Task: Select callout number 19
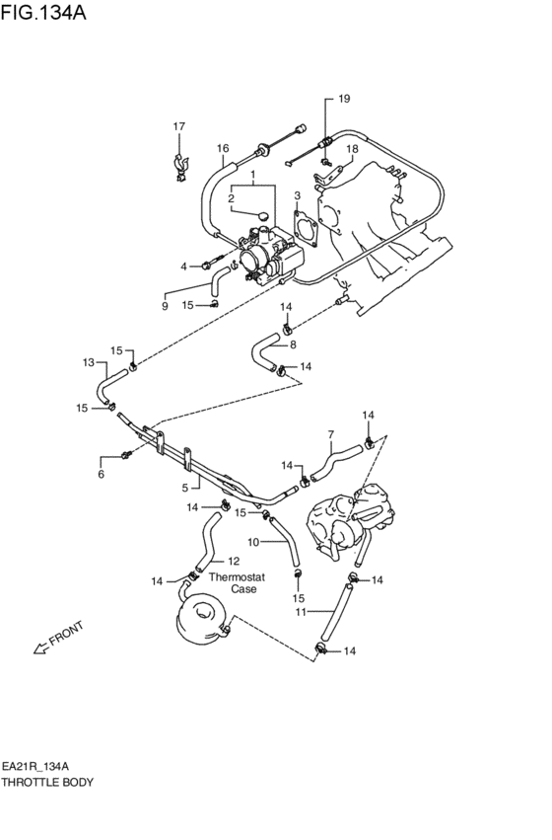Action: click(x=343, y=99)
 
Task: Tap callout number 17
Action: click(x=179, y=126)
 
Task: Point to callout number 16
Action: click(x=223, y=149)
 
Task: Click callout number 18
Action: click(x=351, y=149)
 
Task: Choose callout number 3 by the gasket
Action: click(x=297, y=196)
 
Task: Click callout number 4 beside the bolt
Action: click(x=182, y=267)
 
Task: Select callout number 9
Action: click(x=165, y=306)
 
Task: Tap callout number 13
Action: click(x=88, y=362)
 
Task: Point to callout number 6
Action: click(x=100, y=475)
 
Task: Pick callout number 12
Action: click(x=234, y=561)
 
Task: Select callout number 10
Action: click(x=252, y=542)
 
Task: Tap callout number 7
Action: click(x=331, y=433)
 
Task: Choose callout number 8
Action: click(x=292, y=344)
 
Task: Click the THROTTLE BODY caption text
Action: click(x=47, y=782)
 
